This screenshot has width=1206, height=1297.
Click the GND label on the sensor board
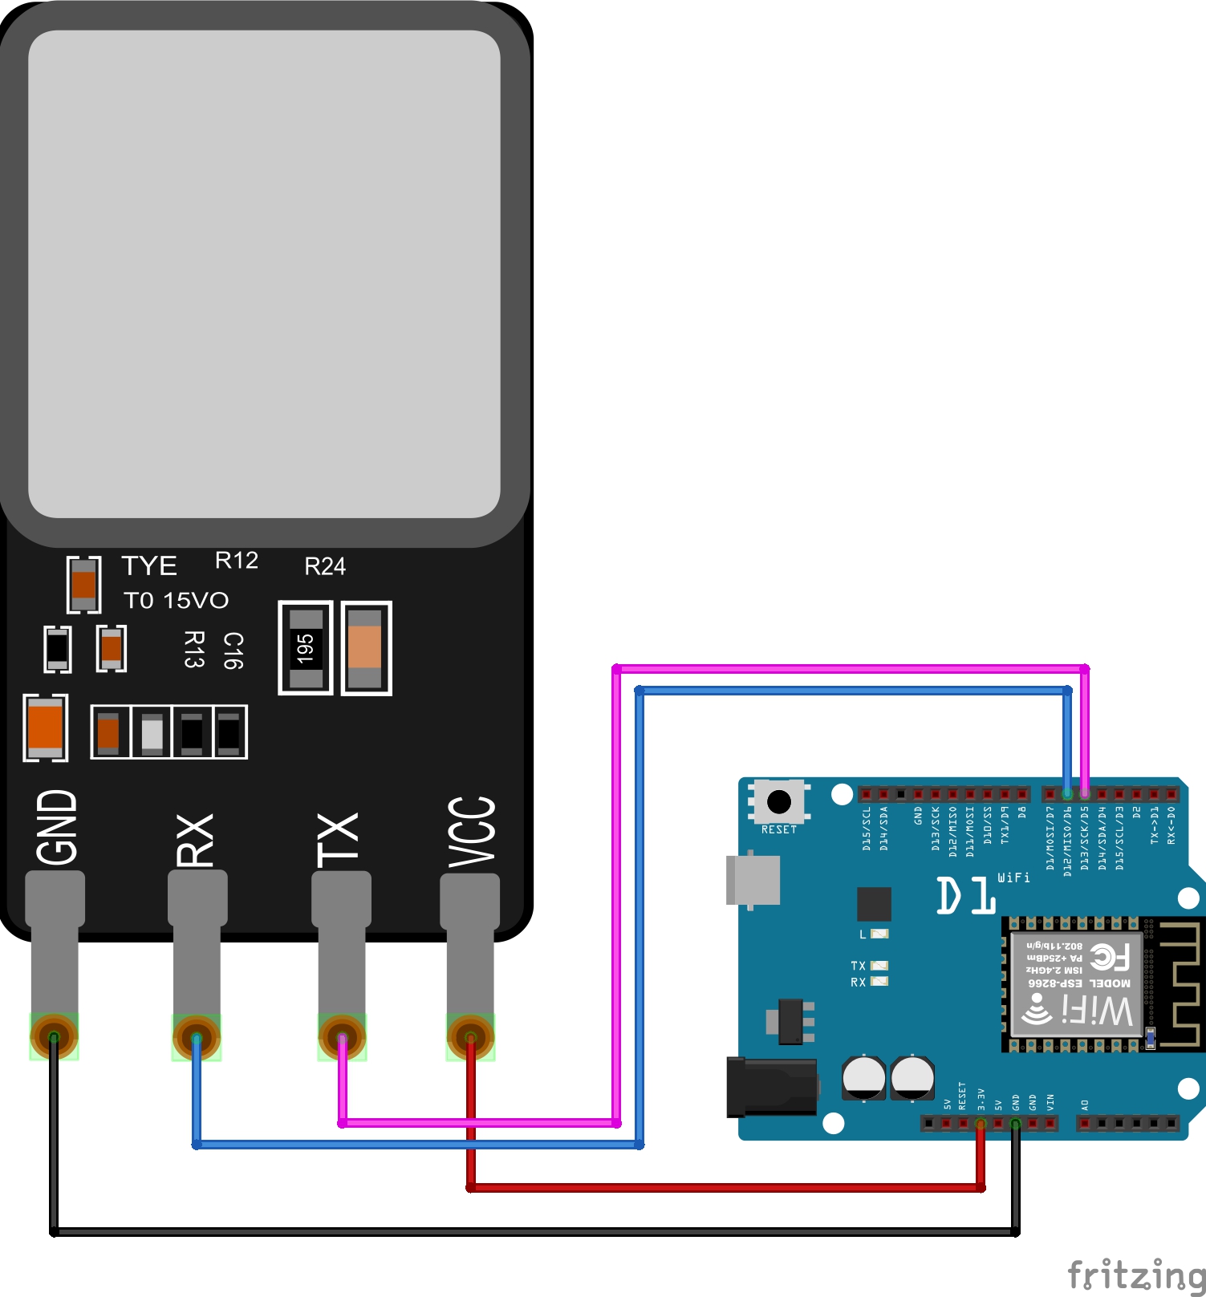coord(57,827)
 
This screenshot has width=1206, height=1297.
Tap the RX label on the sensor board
coord(195,840)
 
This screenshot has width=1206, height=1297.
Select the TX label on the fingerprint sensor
coord(338,840)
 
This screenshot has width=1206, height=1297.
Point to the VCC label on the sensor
coord(472,833)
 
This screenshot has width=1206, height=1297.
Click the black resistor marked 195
coord(305,648)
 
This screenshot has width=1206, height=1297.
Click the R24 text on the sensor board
coord(325,567)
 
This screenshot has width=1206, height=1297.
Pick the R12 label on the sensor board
coord(237,561)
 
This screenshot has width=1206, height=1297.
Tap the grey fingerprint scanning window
coord(264,274)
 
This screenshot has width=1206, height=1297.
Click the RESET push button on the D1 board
coord(778,801)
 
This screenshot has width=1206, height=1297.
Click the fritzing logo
coord(1135,1274)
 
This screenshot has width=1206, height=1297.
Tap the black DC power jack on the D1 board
coord(770,1087)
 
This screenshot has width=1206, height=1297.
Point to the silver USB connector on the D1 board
coord(753,880)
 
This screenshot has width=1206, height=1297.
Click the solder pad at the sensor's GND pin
coord(54,1036)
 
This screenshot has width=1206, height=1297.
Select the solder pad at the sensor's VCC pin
coord(470,1037)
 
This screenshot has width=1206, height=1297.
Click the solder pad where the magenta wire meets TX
coord(342,1037)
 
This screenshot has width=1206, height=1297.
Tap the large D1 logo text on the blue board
coord(966,896)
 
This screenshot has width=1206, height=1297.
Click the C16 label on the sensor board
coord(233,651)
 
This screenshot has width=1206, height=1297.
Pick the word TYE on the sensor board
coord(149,566)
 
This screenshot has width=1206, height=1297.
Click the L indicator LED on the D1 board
coord(879,934)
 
